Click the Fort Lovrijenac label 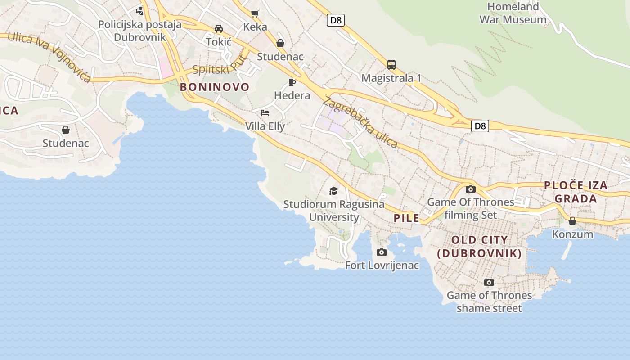coord(382,265)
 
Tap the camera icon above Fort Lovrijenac coord(382,252)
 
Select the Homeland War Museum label coord(513,13)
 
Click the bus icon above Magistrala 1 coord(391,64)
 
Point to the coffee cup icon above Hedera coord(292,82)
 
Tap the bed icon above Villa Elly coord(265,112)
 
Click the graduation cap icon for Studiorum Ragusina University coord(333,191)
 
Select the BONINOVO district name coord(215,87)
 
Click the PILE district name coord(406,219)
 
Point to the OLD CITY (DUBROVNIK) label coord(479,247)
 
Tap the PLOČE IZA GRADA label coord(576,192)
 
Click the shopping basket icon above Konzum coord(572,221)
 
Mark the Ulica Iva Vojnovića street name coord(49,57)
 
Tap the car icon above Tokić coord(219,29)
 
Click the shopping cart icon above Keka coord(255,13)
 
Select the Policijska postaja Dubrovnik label coord(139,31)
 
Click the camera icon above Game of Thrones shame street coord(489,282)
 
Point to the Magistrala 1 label coord(391,78)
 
